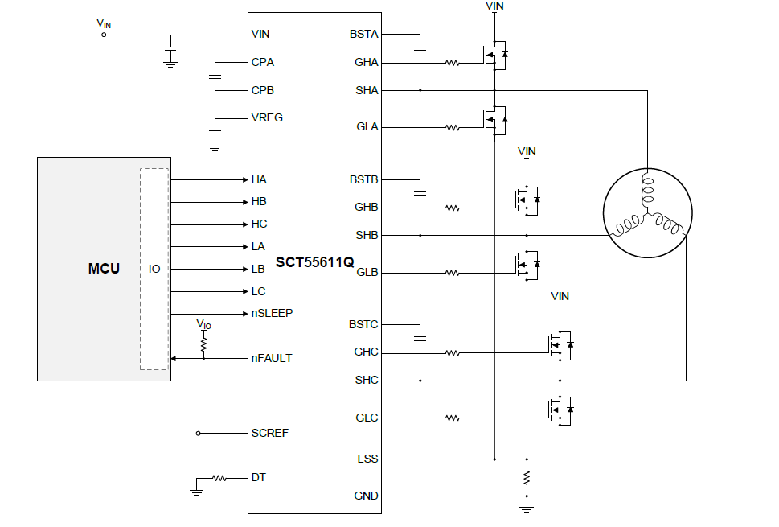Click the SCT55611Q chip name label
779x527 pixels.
[x=314, y=262]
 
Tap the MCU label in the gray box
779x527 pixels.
[x=104, y=268]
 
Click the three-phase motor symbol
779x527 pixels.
[x=647, y=213]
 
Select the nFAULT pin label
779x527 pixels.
[x=272, y=358]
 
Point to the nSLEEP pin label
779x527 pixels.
[x=272, y=313]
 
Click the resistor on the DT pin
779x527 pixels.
[x=219, y=478]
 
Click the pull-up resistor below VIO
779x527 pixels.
[x=203, y=343]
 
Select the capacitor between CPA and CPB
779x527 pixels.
[x=215, y=76]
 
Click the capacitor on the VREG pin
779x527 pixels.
[x=215, y=130]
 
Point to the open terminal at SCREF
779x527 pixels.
[x=199, y=433]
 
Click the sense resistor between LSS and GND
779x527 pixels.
[x=527, y=477]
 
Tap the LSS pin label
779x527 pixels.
[x=367, y=459]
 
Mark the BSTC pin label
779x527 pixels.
[x=363, y=324]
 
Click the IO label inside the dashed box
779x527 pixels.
[x=154, y=269]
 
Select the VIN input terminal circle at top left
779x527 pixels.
[x=103, y=35]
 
